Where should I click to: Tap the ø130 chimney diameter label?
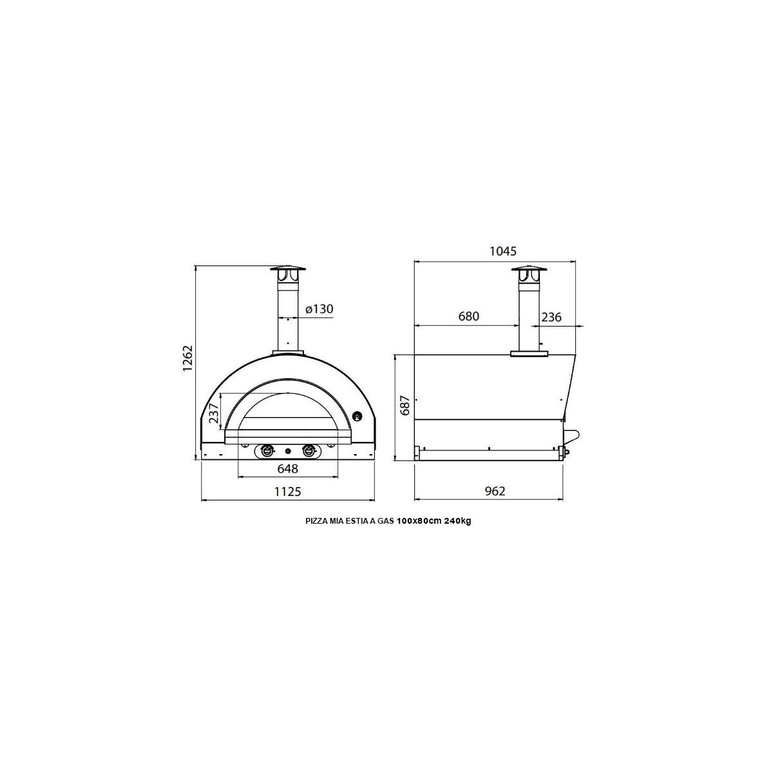point(319,309)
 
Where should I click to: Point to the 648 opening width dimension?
point(287,468)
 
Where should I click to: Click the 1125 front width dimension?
point(287,491)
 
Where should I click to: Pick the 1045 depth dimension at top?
point(503,251)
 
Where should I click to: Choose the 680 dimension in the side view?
point(468,316)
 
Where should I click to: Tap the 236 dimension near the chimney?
point(551,317)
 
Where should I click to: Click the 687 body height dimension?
point(405,406)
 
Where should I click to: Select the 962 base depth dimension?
point(495,491)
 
